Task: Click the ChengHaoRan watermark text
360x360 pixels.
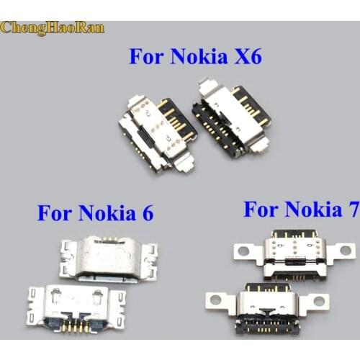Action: [53, 28]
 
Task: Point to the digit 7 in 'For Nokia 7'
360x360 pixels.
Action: [351, 210]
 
